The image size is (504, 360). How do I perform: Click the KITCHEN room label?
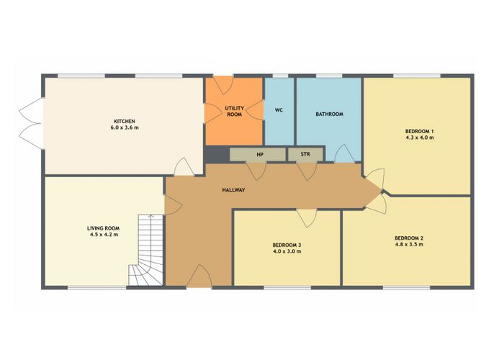click(x=125, y=121)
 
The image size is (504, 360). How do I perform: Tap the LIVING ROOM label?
click(x=103, y=228)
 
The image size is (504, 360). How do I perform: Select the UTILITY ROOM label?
click(x=234, y=111)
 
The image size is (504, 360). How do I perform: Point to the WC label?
click(x=279, y=110)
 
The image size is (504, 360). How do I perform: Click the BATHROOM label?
click(x=329, y=114)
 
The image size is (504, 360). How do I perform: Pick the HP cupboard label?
click(x=260, y=155)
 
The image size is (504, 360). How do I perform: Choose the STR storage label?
click(x=305, y=154)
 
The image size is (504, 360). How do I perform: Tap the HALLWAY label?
click(x=233, y=190)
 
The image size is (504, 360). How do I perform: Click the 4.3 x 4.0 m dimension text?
click(x=420, y=138)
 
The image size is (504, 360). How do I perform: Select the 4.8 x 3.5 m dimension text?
click(x=409, y=244)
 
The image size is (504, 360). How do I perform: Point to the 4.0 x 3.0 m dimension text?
click(x=287, y=251)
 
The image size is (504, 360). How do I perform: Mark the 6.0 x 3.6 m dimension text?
click(x=125, y=127)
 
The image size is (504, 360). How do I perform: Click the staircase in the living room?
click(x=147, y=250)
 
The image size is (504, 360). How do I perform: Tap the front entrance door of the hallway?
click(x=199, y=276)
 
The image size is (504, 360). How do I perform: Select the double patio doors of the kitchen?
click(x=32, y=123)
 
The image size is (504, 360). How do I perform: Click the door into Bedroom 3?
click(x=307, y=218)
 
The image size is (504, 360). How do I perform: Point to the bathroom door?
click(x=345, y=153)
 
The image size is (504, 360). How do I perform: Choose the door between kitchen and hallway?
click(x=184, y=166)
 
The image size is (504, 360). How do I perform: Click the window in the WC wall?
click(x=280, y=76)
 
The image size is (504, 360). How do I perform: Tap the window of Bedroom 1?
click(x=417, y=76)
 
